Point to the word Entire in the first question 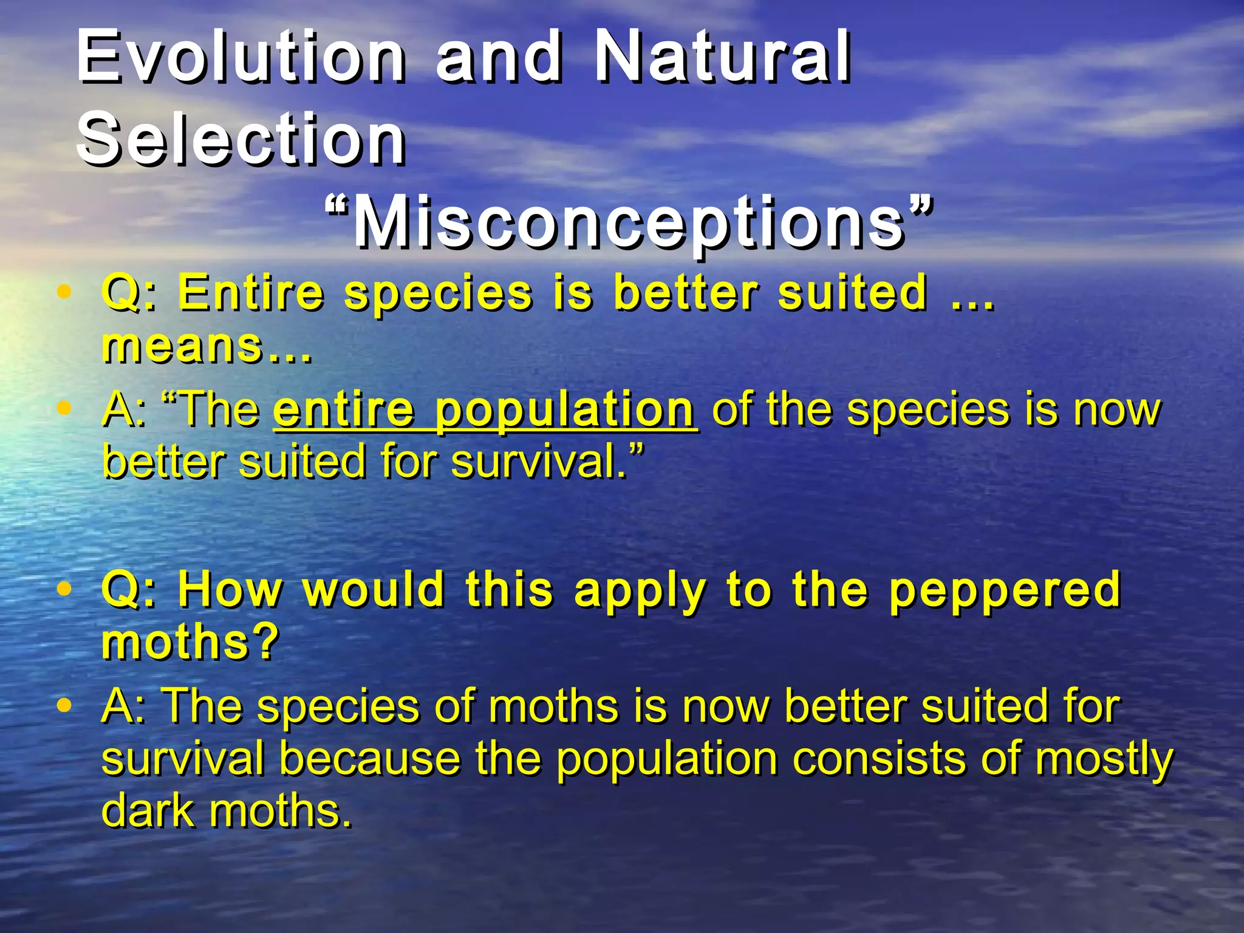[250, 293]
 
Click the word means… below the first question [207, 346]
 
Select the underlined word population [565, 411]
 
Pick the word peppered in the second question [1005, 589]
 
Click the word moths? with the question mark [190, 643]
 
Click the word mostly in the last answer [1104, 759]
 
